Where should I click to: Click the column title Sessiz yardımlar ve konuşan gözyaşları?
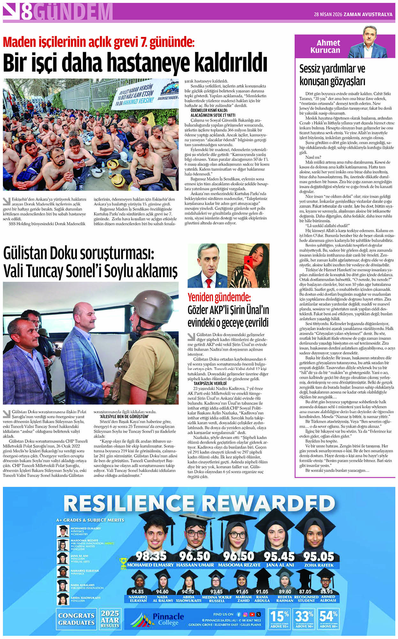point(332,75)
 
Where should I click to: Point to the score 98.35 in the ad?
point(151,556)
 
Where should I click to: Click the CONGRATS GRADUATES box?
point(76,619)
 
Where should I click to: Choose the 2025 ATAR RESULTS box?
point(110,619)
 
